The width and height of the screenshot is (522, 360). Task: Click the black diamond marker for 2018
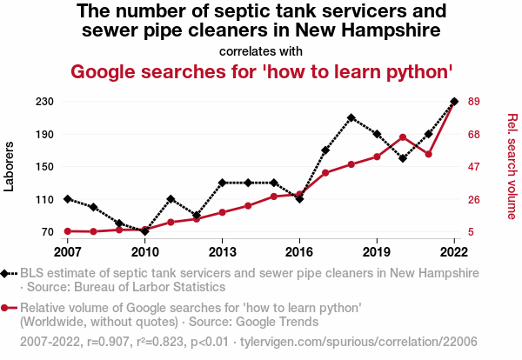[x=351, y=117]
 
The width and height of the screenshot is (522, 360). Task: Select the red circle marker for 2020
[x=403, y=137]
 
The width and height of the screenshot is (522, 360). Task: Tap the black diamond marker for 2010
[x=144, y=231]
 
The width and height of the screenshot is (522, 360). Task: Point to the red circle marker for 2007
[x=67, y=231]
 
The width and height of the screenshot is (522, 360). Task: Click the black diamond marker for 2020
[x=403, y=158]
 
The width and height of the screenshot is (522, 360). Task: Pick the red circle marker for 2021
[x=428, y=154]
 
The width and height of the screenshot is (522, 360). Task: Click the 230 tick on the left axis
[x=45, y=102]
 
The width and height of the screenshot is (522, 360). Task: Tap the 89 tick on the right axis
[x=475, y=102]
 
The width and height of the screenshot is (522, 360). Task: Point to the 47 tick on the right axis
[x=475, y=167]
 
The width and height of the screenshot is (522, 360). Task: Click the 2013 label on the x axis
[x=222, y=251]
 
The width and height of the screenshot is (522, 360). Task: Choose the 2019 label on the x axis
[x=377, y=251]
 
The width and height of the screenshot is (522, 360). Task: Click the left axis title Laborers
[x=10, y=166]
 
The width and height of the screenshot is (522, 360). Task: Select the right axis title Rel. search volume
[x=512, y=166]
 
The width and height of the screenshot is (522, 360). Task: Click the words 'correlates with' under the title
[x=261, y=50]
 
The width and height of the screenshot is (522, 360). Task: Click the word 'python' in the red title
[x=414, y=70]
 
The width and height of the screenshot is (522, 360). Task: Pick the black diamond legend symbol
[x=8, y=273]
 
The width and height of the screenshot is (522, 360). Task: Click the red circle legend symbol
[x=8, y=308]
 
